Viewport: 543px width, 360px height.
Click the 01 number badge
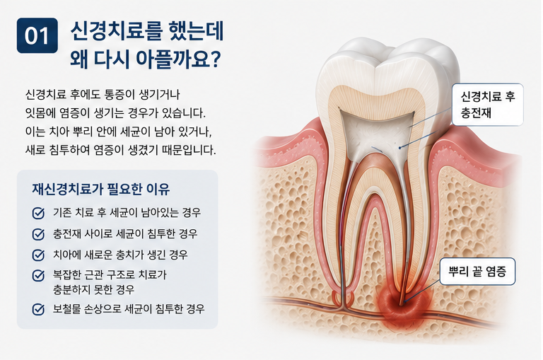coord(37,35)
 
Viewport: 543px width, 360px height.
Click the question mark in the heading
coord(216,59)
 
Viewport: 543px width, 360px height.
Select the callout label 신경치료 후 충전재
coord(488,104)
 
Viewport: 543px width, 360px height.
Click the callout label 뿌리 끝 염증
coord(477,272)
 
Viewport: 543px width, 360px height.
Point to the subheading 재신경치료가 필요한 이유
coord(101,189)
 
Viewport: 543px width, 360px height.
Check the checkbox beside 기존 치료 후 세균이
coord(38,213)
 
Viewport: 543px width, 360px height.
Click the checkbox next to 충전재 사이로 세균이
coord(38,234)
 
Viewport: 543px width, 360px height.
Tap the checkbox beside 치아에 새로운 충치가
coord(38,255)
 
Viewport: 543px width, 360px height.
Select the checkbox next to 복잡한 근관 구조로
coord(38,275)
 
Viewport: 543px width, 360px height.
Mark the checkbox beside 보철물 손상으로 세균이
coord(38,309)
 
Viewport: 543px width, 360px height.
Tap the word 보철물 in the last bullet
coord(66,308)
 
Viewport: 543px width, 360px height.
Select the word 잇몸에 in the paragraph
coord(39,113)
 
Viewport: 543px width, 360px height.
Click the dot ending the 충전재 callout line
coord(399,148)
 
